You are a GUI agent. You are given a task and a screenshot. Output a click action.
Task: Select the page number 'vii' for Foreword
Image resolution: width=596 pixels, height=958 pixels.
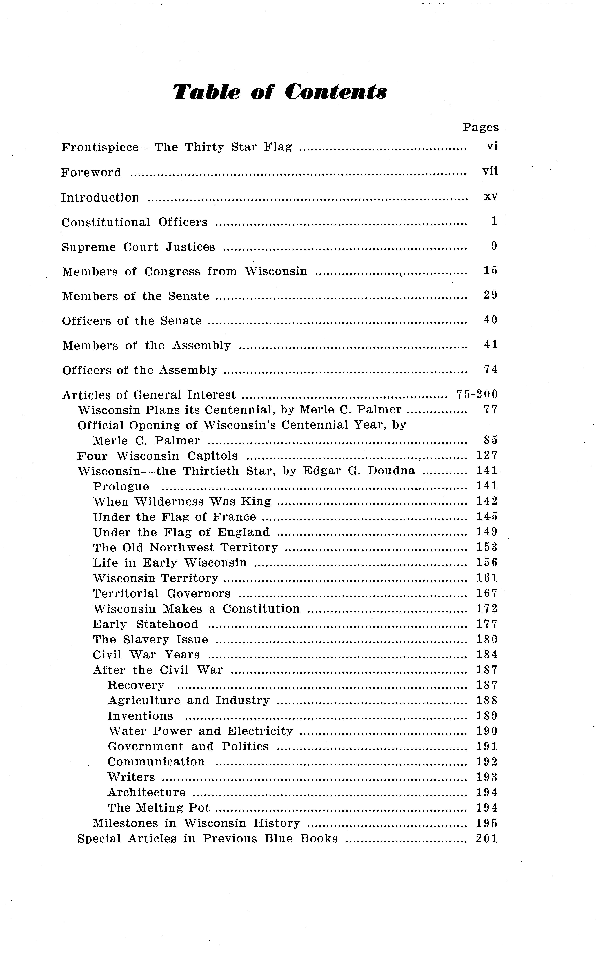490,171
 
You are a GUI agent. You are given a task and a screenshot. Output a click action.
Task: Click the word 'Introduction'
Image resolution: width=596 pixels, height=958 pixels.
100,197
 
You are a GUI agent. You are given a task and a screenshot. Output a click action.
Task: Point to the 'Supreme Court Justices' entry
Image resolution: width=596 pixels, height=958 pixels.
138,247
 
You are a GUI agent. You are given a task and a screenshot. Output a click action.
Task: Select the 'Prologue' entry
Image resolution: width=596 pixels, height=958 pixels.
121,487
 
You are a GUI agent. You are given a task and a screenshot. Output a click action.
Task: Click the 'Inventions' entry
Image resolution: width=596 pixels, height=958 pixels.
140,716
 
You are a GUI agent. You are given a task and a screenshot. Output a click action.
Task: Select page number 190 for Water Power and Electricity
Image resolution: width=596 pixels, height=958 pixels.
487,731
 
